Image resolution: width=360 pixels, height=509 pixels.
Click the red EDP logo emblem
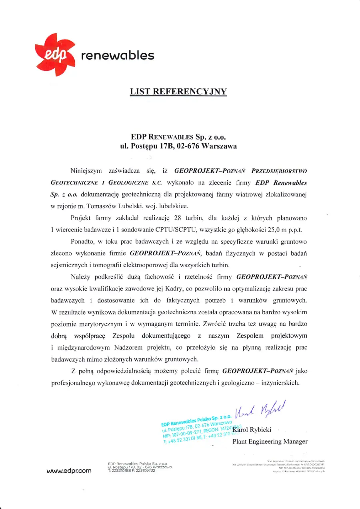pos(55,55)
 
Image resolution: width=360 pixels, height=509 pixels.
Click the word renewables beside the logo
pos(117,55)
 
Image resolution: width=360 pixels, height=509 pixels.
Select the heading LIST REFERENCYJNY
pos(178,92)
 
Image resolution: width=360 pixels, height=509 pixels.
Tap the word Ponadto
pos(82,242)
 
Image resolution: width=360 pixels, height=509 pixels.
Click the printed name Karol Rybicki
pos(252,430)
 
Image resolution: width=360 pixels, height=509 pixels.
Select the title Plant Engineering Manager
pos(270,442)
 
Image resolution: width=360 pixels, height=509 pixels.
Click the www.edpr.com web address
pos(69,471)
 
